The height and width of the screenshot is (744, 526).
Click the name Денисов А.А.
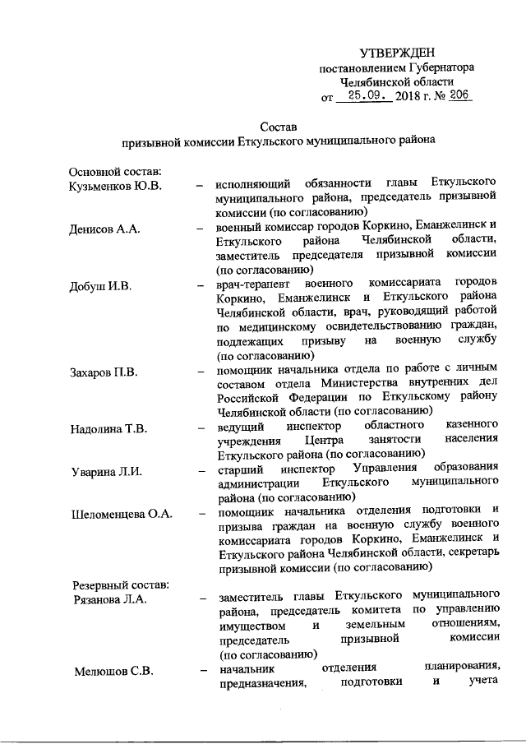tap(104, 229)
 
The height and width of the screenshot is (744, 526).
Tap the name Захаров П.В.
tap(103, 374)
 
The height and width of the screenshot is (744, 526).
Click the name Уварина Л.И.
tap(103, 469)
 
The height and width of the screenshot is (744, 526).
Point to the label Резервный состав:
tap(119, 585)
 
